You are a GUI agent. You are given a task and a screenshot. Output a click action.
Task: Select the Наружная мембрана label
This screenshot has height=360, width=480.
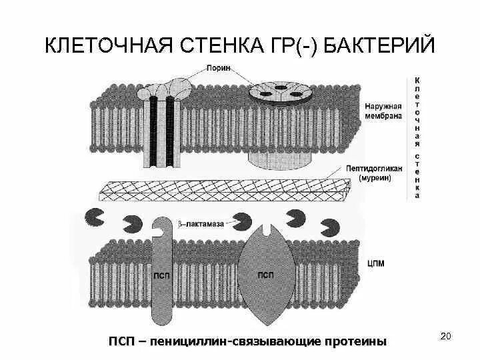pyautogui.click(x=383, y=111)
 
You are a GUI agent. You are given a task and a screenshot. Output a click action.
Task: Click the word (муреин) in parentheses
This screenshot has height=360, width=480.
pyautogui.click(x=375, y=178)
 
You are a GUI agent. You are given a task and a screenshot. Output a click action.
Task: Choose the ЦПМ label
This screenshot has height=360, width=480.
pyautogui.click(x=375, y=263)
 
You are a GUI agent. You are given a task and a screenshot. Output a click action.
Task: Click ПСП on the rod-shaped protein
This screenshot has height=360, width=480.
pyautogui.click(x=162, y=275)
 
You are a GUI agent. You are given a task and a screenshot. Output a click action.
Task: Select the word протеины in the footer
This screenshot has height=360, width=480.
pyautogui.click(x=357, y=341)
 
